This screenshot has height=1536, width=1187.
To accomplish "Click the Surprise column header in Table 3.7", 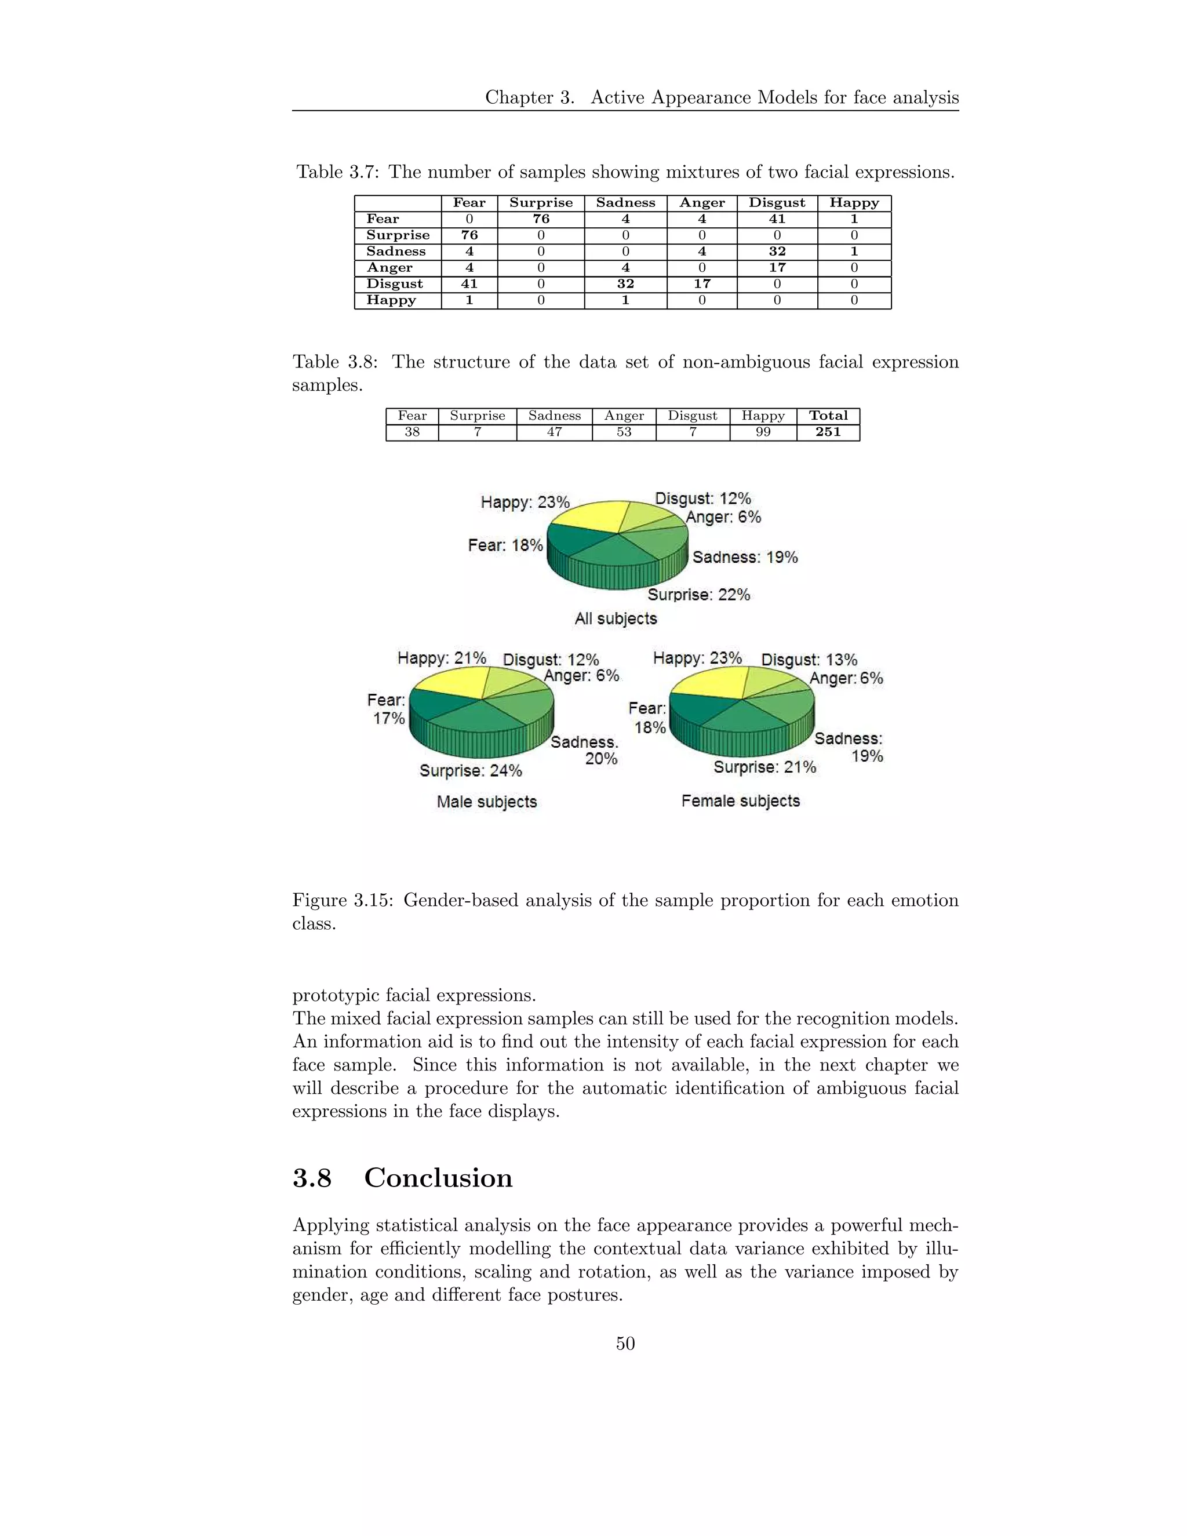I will coord(541,202).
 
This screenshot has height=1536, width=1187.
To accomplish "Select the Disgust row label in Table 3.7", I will coord(395,283).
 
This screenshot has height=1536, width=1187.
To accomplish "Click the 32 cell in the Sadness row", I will coord(777,251).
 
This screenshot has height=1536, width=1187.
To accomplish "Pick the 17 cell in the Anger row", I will coord(777,267).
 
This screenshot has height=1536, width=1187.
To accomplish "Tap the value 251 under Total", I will coord(828,432).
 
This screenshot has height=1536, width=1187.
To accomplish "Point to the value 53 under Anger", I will coord(624,432).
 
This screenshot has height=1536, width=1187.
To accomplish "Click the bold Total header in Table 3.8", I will coord(828,416).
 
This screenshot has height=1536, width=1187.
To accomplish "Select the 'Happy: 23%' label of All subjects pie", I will coord(525,502).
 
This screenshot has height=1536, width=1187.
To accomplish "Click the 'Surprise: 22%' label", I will coord(698,595).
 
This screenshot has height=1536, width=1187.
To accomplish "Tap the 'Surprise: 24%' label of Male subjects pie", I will coord(471,771).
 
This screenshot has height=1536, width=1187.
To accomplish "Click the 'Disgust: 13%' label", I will coord(809,660).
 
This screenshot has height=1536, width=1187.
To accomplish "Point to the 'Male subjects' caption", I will coord(487,802).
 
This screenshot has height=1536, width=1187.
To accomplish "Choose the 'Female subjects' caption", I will coord(741,801).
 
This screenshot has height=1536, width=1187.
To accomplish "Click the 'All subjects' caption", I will coord(616,619).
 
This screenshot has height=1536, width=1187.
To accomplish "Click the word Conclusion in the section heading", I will coord(438,1178).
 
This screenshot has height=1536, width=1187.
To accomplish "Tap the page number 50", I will coord(625,1344).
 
